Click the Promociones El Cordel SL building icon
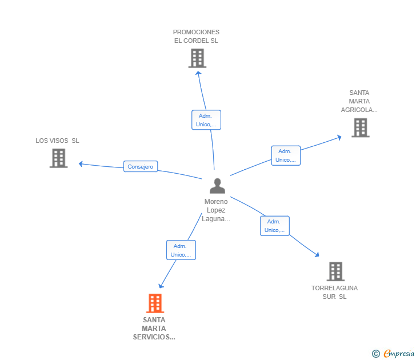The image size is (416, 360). (197, 58)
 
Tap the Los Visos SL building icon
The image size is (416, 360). (58, 158)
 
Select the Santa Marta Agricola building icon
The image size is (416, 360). (360, 128)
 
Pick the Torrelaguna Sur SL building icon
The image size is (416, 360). (335, 271)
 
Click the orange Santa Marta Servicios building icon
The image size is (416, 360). (155, 303)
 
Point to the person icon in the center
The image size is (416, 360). (217, 186)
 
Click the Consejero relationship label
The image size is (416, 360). (141, 167)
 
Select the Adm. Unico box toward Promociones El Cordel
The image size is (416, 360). (206, 120)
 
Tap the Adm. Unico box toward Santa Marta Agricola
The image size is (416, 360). (285, 155)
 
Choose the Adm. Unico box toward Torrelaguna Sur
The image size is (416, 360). (274, 226)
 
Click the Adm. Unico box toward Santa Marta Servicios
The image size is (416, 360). (181, 250)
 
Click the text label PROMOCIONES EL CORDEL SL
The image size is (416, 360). (196, 37)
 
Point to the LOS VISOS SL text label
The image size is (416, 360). (57, 141)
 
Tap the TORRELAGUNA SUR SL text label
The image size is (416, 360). (334, 292)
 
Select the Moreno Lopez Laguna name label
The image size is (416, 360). (216, 210)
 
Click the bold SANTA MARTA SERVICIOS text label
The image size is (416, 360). (154, 329)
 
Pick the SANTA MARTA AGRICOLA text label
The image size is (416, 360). (359, 101)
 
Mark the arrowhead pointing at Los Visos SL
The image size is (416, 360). (81, 163)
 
